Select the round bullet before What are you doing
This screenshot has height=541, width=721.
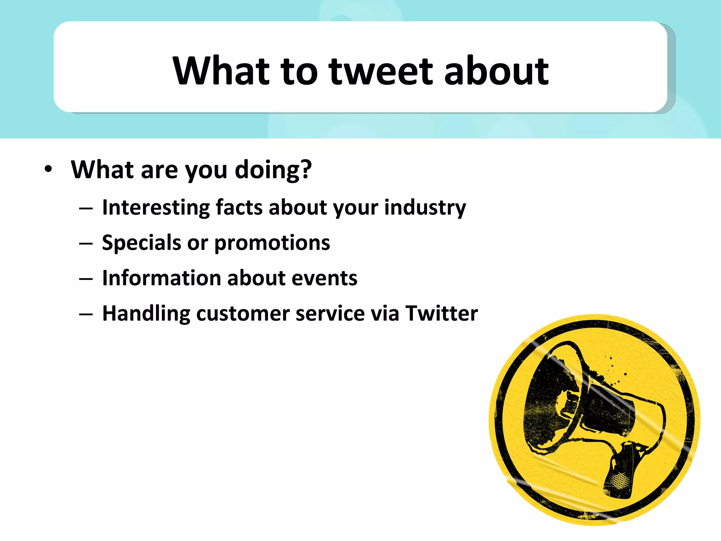pyautogui.click(x=48, y=169)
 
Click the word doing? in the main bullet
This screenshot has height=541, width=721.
pyautogui.click(x=273, y=170)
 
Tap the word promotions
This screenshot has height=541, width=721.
pyautogui.click(x=272, y=243)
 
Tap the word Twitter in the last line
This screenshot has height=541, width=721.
pyautogui.click(x=441, y=313)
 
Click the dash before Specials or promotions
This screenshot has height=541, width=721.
pyautogui.click(x=86, y=243)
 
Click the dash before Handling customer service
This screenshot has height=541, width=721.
pyautogui.click(x=86, y=314)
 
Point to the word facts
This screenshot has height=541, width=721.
pyautogui.click(x=239, y=207)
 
